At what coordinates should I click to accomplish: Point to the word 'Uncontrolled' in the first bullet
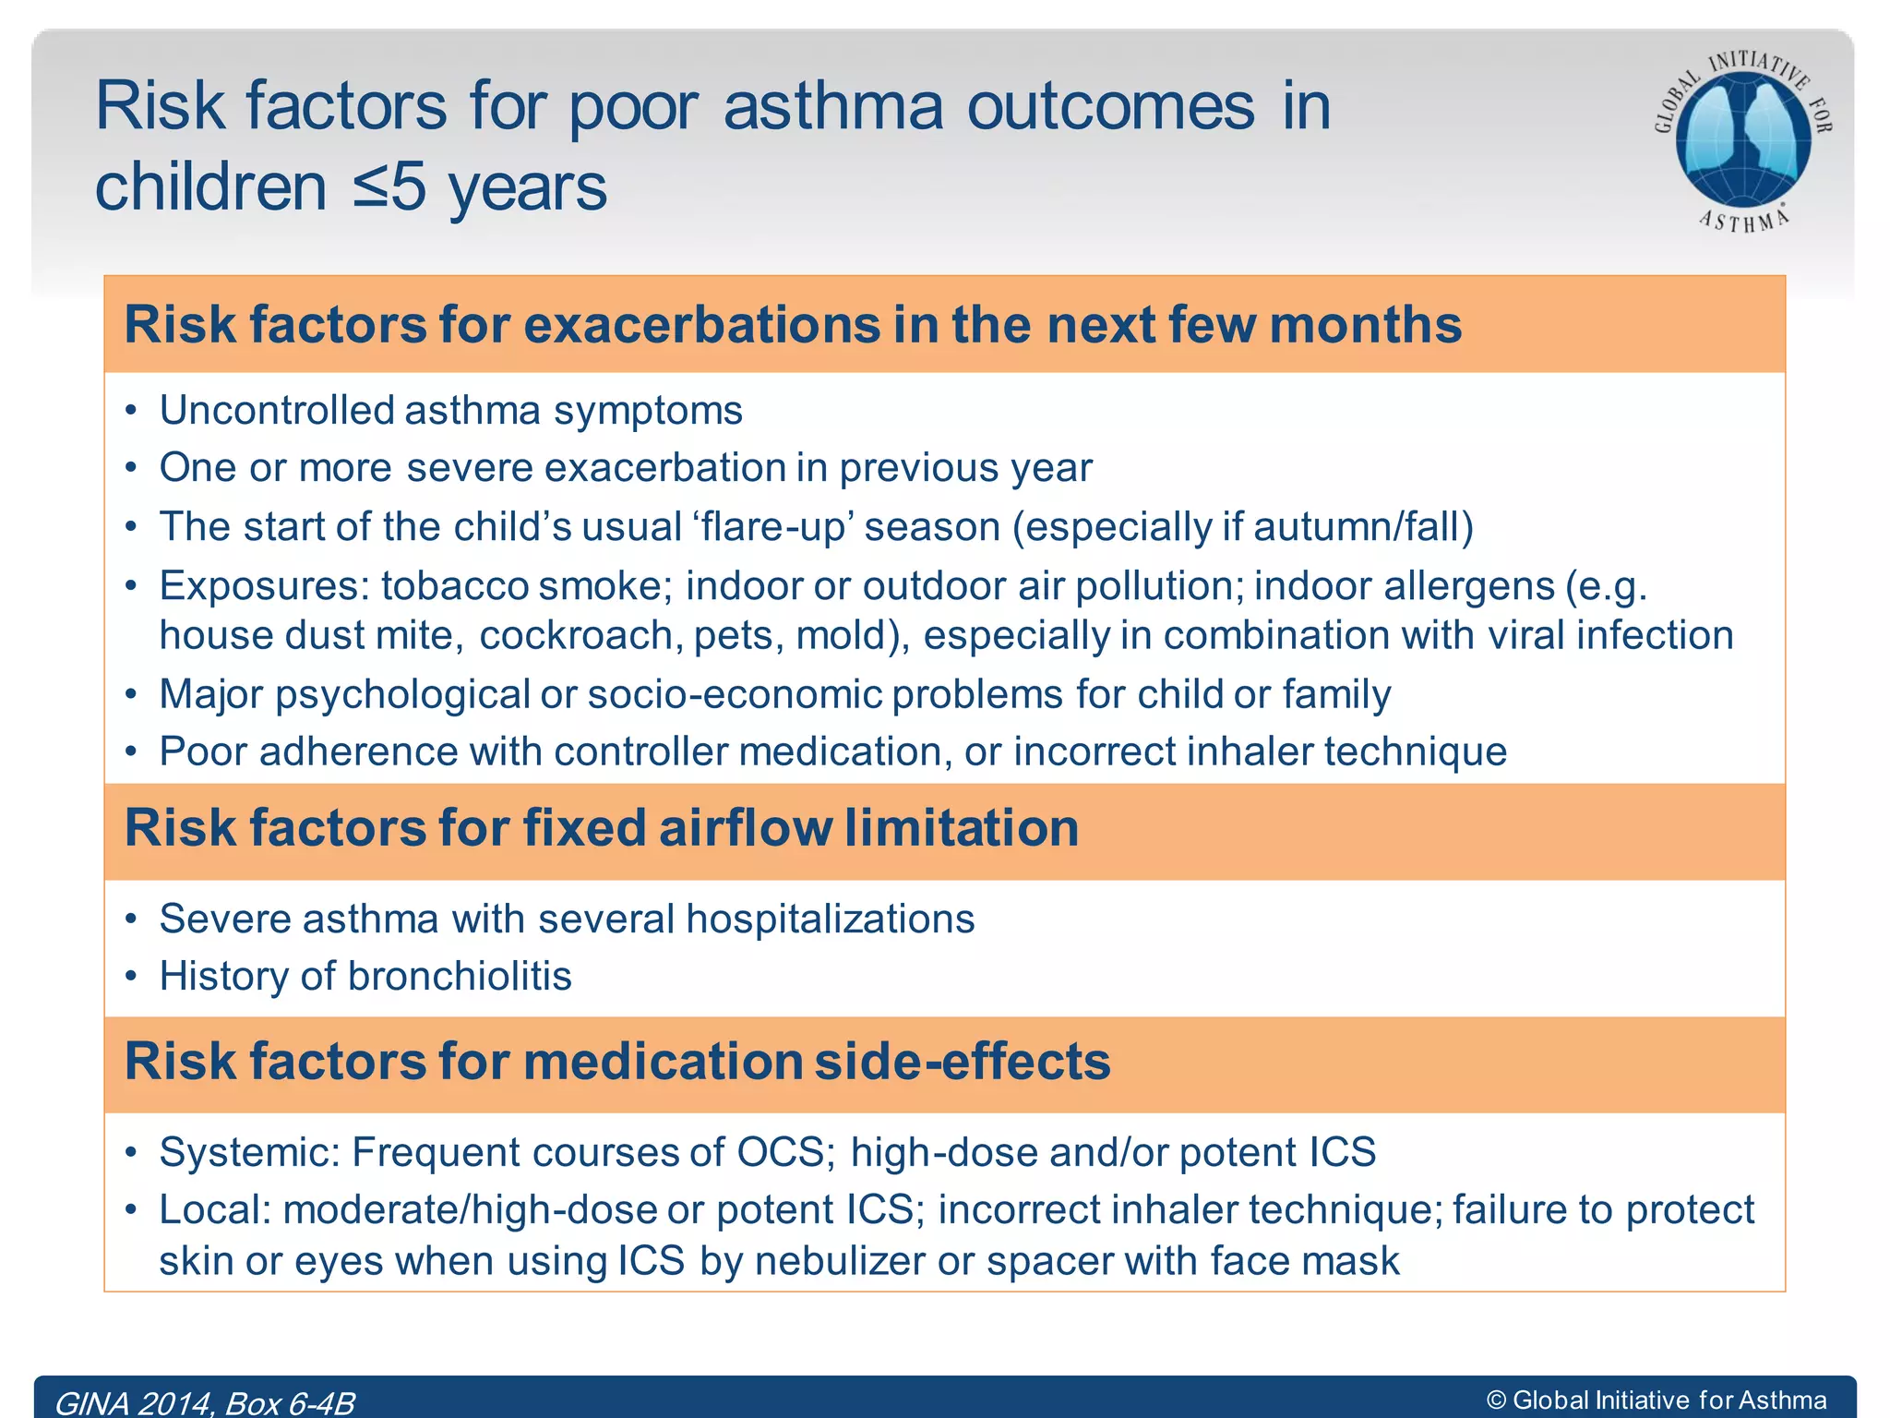click(277, 411)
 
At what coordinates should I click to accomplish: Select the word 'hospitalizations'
click(830, 919)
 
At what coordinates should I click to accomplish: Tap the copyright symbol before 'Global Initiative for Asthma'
click(1496, 1400)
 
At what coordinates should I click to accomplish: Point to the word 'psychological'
click(402, 695)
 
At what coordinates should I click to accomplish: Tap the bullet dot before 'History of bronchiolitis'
click(132, 976)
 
